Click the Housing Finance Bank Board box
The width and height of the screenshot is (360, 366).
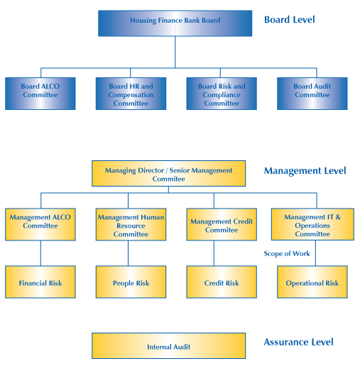pos(175,23)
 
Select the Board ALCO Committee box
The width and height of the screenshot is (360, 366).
pos(40,94)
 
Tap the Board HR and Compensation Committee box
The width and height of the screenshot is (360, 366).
pos(131,94)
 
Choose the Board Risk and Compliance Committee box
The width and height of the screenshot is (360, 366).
pos(222,94)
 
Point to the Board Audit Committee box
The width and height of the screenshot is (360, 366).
pos(312,94)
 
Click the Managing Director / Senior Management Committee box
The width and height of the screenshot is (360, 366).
pos(168,173)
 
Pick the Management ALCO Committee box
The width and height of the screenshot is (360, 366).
pos(40,224)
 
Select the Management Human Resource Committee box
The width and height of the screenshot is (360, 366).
pos(131,224)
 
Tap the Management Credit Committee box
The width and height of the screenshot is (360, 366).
pos(222,224)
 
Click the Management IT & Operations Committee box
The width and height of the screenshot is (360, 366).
pos(312,224)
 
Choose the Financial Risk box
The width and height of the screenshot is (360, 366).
pos(40,282)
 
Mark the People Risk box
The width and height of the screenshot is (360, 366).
pos(131,282)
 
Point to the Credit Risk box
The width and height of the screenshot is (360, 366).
pos(222,282)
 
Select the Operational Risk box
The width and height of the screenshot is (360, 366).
pos(312,282)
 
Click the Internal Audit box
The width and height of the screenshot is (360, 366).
pos(168,345)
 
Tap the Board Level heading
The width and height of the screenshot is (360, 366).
pos(290,20)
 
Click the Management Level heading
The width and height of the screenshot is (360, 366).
pos(305,171)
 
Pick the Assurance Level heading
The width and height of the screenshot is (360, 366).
pos(298,342)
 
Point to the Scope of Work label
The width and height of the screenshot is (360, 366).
pos(287,253)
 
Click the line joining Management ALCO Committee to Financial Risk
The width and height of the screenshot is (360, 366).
pos(40,253)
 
